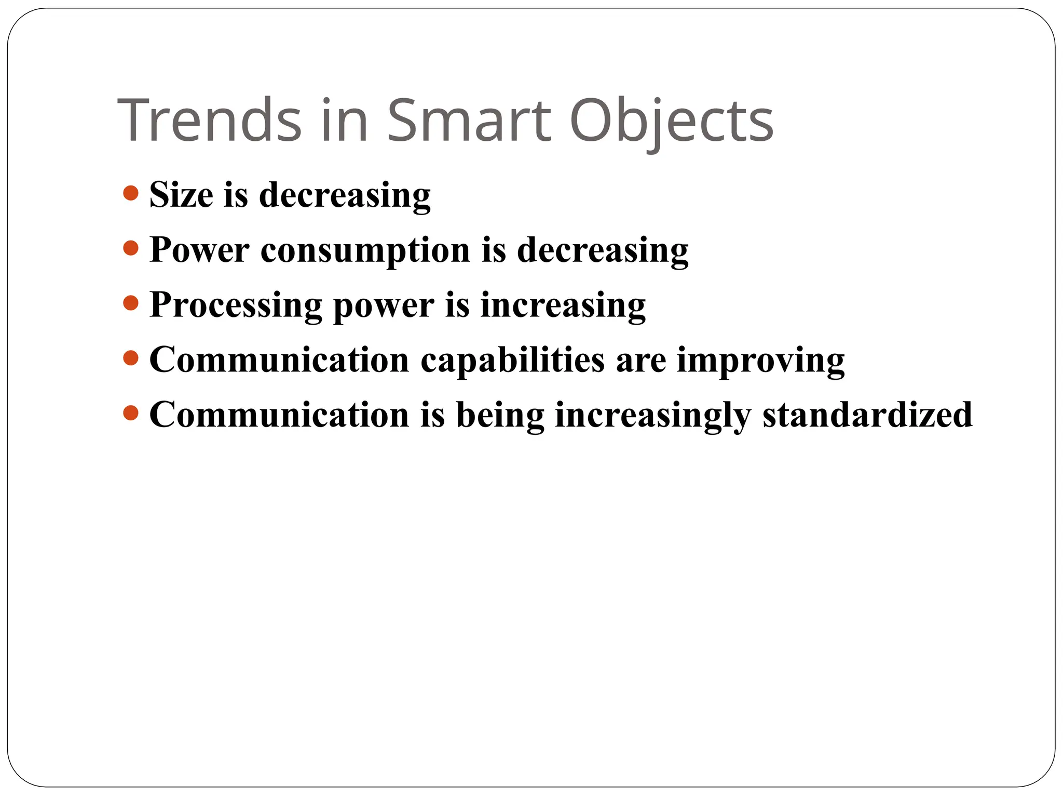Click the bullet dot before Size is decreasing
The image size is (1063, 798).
(131, 193)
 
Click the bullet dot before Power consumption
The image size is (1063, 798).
(131, 248)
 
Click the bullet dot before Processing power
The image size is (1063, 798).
(131, 303)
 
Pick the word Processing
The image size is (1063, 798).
(236, 305)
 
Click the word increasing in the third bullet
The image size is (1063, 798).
(563, 305)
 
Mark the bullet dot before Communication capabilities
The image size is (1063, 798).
(131, 358)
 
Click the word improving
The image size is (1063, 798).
(761, 361)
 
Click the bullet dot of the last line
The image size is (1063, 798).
(131, 413)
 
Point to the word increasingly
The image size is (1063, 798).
(653, 416)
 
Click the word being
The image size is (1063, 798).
(500, 416)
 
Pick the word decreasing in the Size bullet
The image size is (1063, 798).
(345, 196)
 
